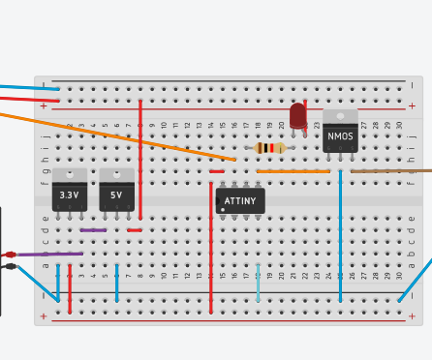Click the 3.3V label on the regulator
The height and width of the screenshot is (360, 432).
coord(69,195)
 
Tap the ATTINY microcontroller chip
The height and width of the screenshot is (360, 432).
coord(240,200)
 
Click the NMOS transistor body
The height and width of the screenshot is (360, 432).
coord(340,136)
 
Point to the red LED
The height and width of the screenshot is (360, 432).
coord(298,114)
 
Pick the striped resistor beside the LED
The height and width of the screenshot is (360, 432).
coord(268,148)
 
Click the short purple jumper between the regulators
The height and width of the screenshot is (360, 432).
coord(93,229)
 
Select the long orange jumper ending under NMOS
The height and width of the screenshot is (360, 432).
coord(293,171)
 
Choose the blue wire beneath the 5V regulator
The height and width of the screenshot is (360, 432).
coord(116,281)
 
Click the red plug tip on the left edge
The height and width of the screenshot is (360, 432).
coord(11,255)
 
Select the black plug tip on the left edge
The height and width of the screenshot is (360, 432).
coord(11,266)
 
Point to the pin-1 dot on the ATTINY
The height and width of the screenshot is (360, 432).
coord(223,209)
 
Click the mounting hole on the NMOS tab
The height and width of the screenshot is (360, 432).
coord(340,116)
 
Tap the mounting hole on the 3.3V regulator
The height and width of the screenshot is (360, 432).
coord(69,175)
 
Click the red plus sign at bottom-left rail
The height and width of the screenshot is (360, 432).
coord(43,315)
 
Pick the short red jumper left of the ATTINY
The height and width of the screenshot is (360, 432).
coord(216,171)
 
